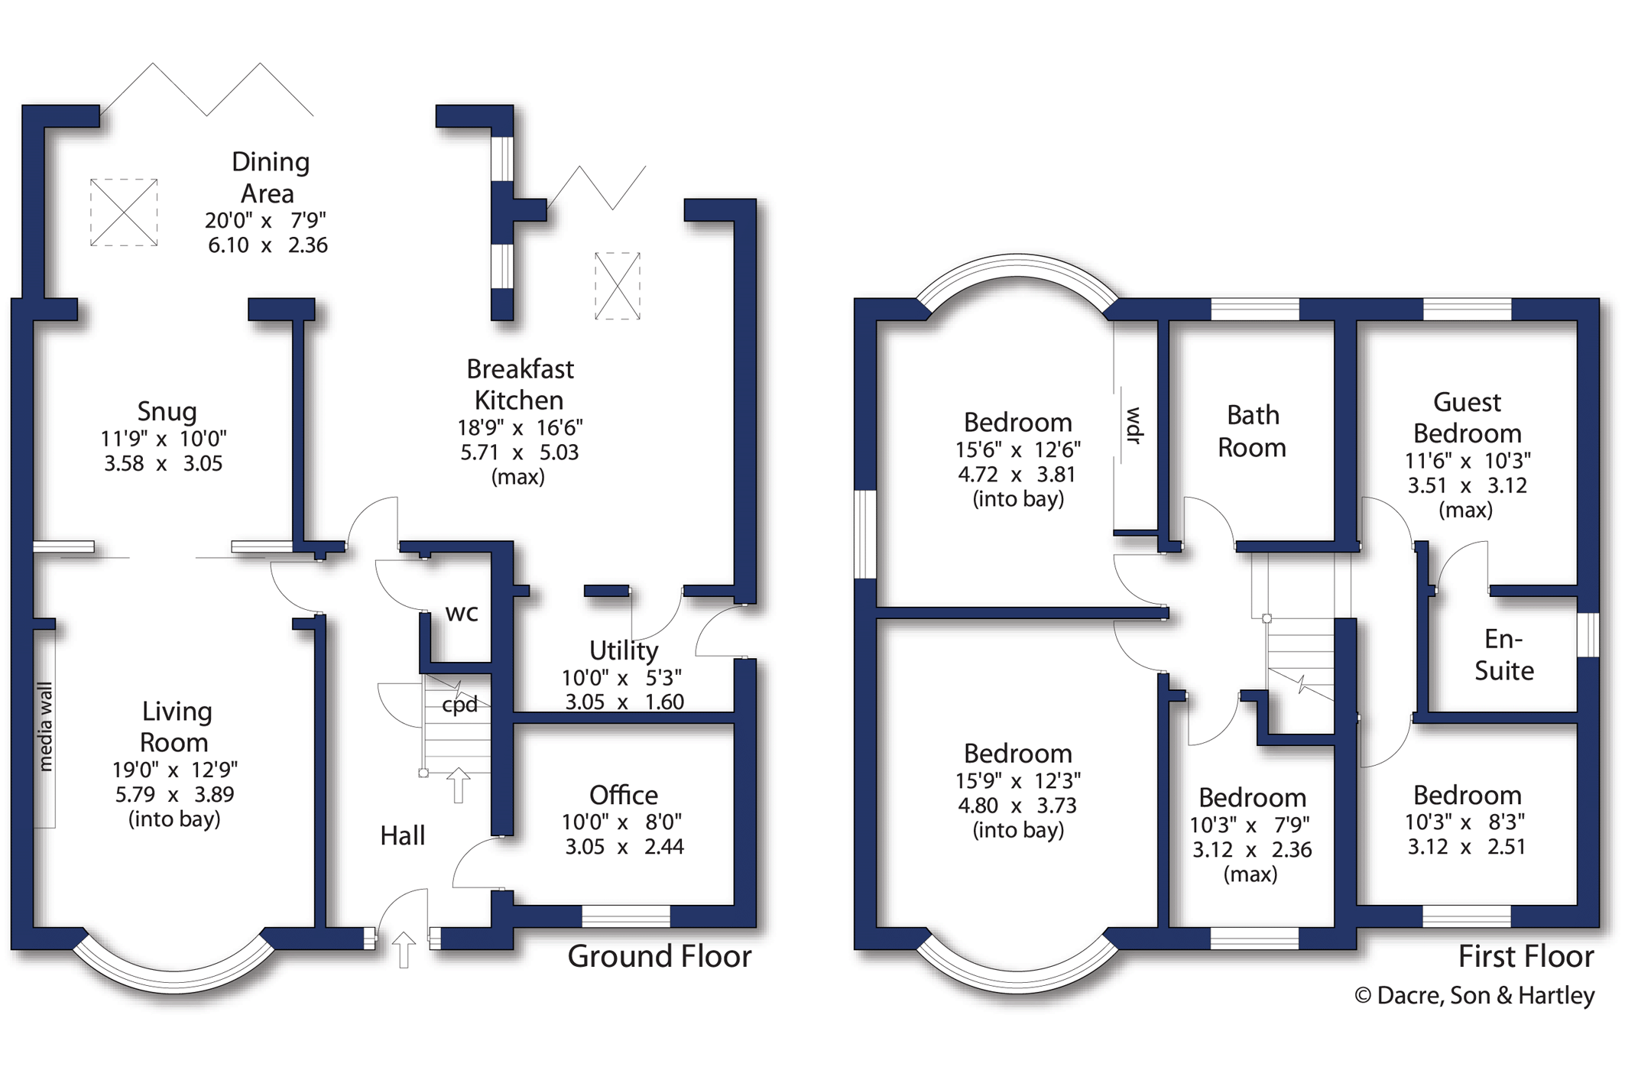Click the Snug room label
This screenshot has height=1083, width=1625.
point(167,411)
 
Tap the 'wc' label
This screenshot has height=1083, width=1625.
point(462,613)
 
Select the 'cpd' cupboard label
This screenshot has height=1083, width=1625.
point(460,704)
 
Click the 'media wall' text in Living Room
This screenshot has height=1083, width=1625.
point(45,727)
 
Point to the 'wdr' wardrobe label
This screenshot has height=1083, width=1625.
point(1134,426)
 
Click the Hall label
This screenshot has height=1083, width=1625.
point(403,835)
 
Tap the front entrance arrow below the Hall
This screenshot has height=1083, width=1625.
point(404,950)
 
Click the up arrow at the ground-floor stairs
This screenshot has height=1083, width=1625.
point(458,785)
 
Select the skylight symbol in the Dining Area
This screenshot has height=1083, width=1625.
point(124,212)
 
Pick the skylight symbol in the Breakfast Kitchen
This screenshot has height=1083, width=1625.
point(618,286)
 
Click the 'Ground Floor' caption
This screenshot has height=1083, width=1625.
point(660,956)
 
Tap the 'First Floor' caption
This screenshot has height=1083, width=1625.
point(1526,956)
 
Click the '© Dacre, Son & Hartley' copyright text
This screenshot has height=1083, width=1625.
point(1474,995)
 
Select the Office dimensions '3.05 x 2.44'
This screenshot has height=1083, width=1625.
point(624,847)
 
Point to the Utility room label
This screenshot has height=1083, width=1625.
point(624,650)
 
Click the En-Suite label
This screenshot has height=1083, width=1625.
point(1503,654)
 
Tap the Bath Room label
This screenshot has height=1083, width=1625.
point(1252,431)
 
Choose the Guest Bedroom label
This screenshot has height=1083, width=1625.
point(1467,417)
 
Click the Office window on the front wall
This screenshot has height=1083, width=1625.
point(626,916)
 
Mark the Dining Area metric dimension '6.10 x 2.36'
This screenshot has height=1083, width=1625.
point(268,245)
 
